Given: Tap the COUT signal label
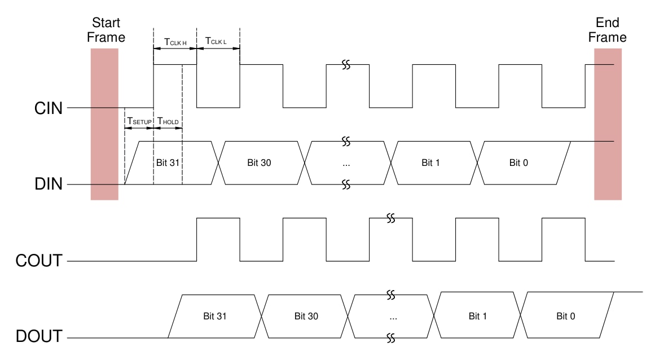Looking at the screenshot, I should pyautogui.click(x=38, y=261).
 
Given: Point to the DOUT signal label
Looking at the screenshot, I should pyautogui.click(x=38, y=337).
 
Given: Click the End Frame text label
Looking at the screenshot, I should pyautogui.click(x=608, y=30).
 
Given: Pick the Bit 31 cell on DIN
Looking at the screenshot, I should pyautogui.click(x=168, y=163).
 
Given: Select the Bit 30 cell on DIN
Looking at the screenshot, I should pyautogui.click(x=260, y=163).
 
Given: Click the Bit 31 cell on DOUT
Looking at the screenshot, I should pyautogui.click(x=217, y=317).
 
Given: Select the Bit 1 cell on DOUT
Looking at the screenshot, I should pyautogui.click(x=478, y=317).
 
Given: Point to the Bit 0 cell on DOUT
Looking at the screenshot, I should pyautogui.click(x=565, y=317).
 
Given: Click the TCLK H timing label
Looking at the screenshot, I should pyautogui.click(x=175, y=41).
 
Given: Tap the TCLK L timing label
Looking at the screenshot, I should pyautogui.click(x=218, y=41).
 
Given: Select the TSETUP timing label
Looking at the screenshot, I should pyautogui.click(x=139, y=121).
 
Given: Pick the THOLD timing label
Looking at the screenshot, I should pyautogui.click(x=168, y=121).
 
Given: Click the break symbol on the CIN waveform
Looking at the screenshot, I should pyautogui.click(x=346, y=64).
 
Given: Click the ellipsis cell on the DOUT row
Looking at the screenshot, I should pyautogui.click(x=393, y=317).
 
